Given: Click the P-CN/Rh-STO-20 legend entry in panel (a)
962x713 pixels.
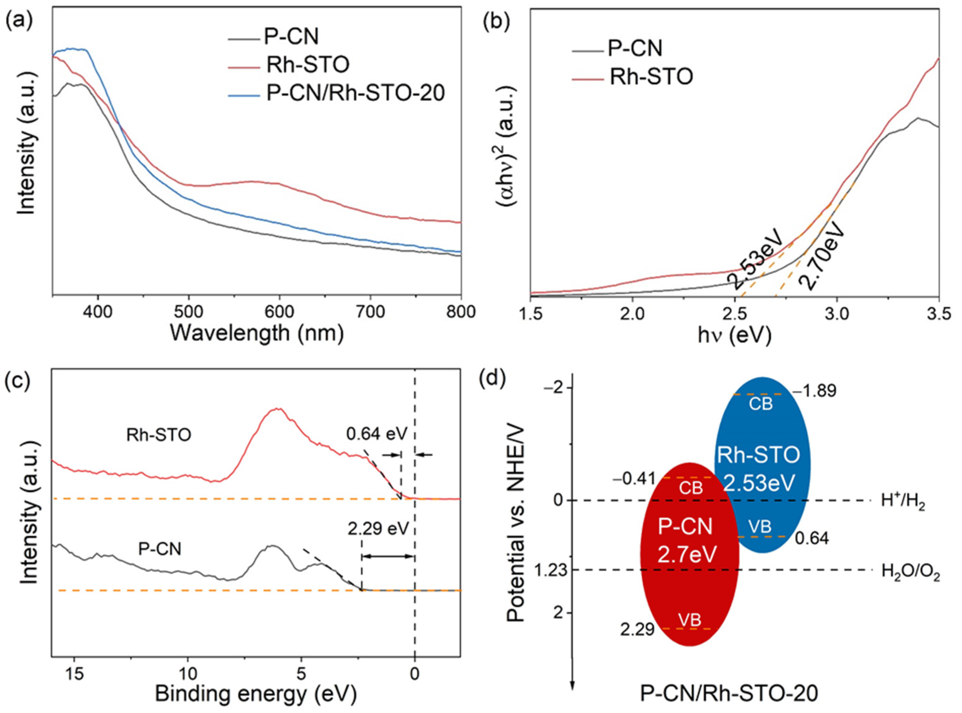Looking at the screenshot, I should [355, 93].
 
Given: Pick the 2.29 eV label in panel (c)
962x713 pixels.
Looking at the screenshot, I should [378, 528].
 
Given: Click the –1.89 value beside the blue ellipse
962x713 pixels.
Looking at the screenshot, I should [814, 391].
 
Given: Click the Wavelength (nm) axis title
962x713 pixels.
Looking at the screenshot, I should [257, 333].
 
